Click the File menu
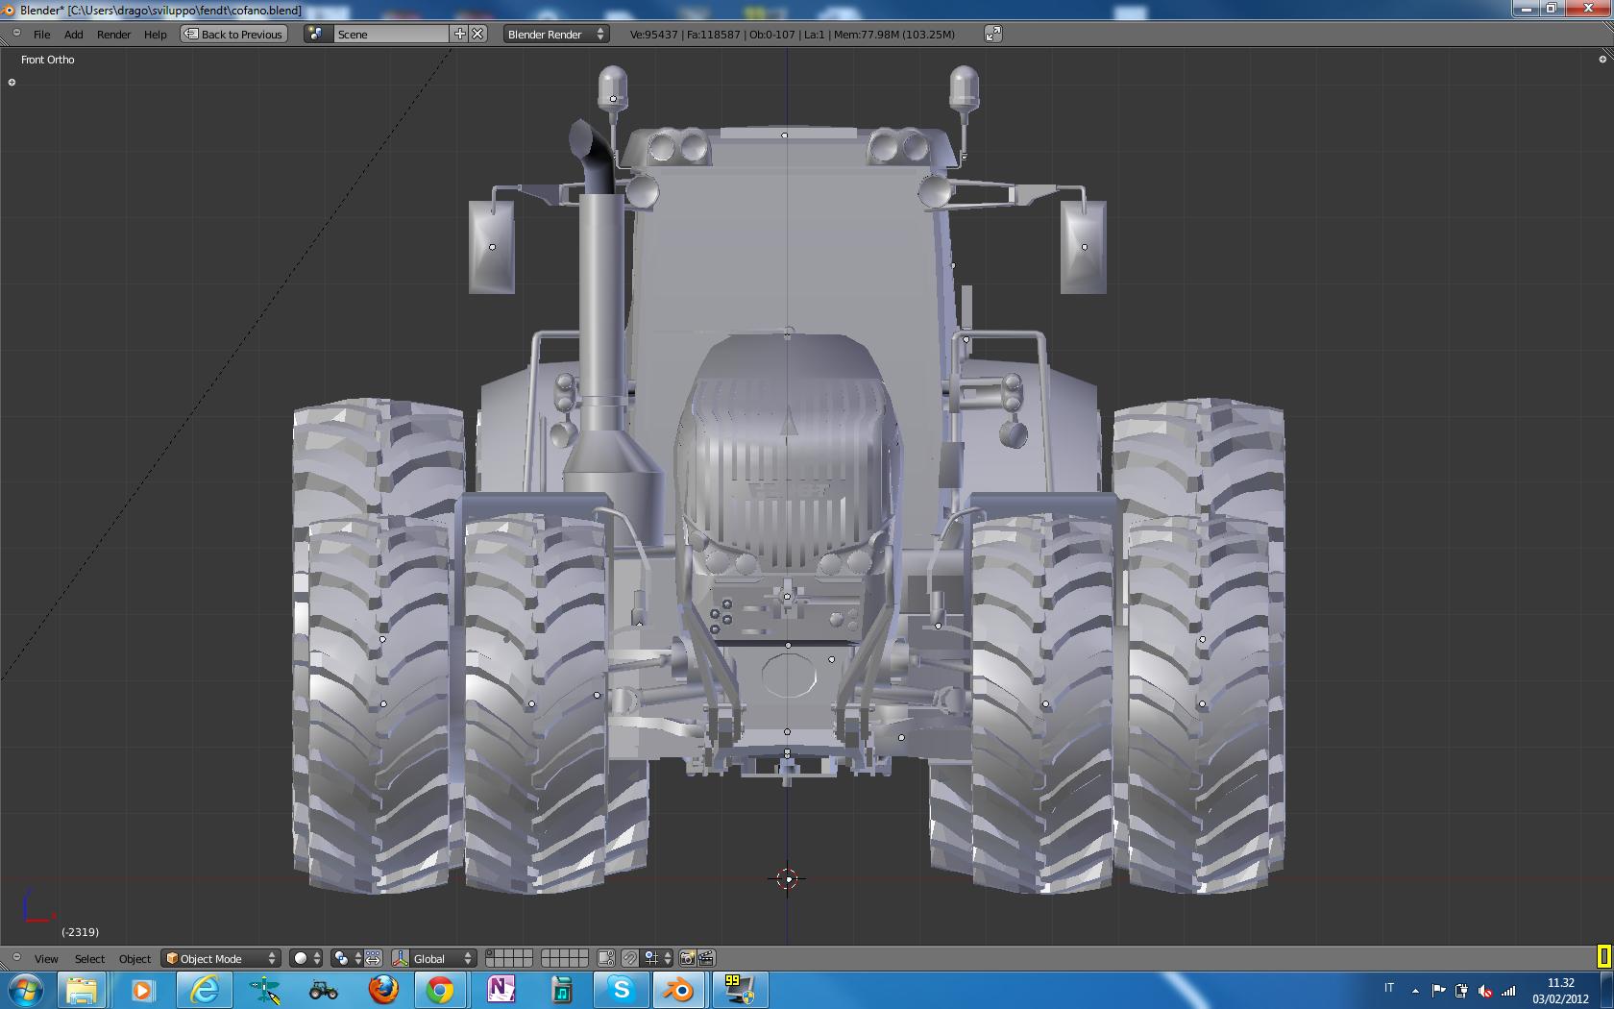(x=42, y=34)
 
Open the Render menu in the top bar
(x=113, y=34)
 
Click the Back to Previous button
(x=234, y=34)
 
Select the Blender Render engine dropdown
(x=555, y=34)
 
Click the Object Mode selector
(x=221, y=958)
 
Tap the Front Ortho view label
(x=48, y=60)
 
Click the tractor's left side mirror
(x=492, y=246)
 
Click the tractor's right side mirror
(x=1083, y=246)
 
